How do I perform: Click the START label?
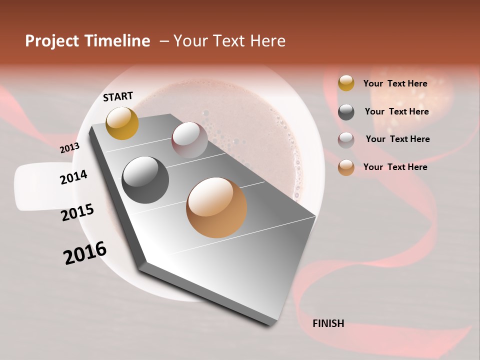(118, 96)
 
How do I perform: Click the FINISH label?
(328, 323)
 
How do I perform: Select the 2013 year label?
(69, 148)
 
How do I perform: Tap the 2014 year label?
(73, 177)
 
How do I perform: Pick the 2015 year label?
(77, 212)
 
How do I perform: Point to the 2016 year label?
(85, 252)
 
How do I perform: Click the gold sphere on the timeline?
(122, 123)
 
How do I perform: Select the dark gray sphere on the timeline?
(145, 179)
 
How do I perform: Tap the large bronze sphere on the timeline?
(216, 207)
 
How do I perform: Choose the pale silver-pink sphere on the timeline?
(189, 140)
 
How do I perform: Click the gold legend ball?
(346, 83)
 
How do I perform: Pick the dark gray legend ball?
(346, 112)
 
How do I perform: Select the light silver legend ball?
(346, 140)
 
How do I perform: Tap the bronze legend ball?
(346, 167)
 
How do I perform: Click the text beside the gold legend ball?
(395, 83)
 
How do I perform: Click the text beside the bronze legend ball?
(395, 167)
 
